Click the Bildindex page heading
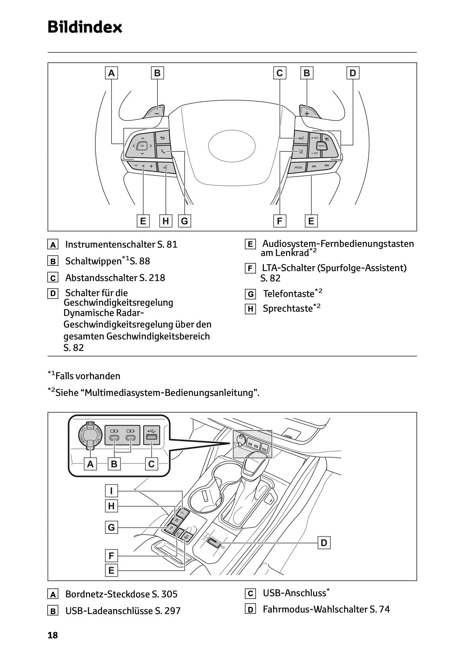tap(85, 27)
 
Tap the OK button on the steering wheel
tap(142, 146)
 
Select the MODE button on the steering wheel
tap(298, 167)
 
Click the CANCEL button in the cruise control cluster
tap(321, 145)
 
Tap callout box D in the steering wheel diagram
tap(353, 73)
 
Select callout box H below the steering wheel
tap(166, 221)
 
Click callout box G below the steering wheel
tap(184, 221)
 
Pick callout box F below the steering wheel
tap(280, 221)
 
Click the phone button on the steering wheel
tap(163, 151)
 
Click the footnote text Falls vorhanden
tap(88, 376)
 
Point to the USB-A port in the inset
tap(152, 438)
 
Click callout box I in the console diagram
tap(112, 491)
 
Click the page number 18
tap(52, 635)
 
